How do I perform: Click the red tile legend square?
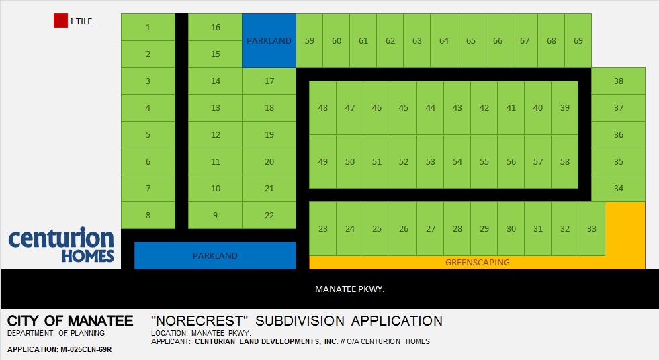click(60, 21)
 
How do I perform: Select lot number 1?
click(148, 28)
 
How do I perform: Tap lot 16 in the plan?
click(215, 28)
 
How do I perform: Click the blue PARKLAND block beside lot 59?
click(269, 41)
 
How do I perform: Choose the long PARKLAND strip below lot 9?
click(215, 255)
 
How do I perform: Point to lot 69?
click(578, 41)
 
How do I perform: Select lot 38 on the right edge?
click(619, 81)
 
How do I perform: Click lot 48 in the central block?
click(322, 108)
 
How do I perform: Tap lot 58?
click(565, 162)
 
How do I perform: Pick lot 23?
click(322, 229)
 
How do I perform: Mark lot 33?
click(592, 229)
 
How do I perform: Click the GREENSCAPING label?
click(478, 263)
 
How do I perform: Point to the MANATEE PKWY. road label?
click(350, 289)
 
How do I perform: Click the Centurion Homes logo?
click(61, 244)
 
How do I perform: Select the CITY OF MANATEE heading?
click(70, 321)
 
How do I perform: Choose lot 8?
click(148, 216)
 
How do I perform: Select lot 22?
click(269, 216)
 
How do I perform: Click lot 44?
click(431, 108)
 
